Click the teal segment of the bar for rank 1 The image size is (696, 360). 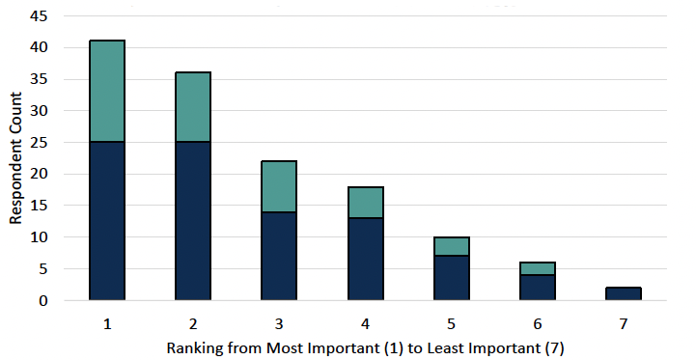[x=107, y=91]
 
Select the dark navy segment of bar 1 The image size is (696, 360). [x=107, y=221]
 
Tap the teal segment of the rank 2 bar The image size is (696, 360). [x=193, y=106]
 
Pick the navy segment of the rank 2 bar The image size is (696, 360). [x=193, y=221]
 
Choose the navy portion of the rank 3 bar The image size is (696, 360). [x=279, y=256]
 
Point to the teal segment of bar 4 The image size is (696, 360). [x=365, y=202]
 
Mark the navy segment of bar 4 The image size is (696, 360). [x=365, y=259]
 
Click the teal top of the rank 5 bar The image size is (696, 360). [x=451, y=246]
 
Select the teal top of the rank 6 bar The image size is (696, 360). [x=537, y=268]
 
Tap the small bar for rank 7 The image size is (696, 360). [x=623, y=293]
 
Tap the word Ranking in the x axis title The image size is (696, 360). [x=192, y=345]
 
